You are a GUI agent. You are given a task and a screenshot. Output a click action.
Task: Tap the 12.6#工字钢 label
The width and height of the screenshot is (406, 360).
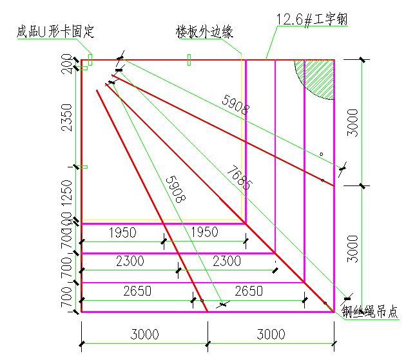click(x=312, y=20)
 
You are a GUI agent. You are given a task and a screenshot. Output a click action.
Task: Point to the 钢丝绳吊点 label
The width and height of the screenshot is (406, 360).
click(x=371, y=312)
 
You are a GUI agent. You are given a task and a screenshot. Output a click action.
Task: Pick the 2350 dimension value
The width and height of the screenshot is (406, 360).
click(x=70, y=116)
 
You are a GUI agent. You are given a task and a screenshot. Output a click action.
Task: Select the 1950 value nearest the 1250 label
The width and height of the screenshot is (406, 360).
click(x=122, y=232)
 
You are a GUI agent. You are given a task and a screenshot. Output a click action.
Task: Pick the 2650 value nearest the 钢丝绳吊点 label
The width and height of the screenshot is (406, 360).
click(x=249, y=291)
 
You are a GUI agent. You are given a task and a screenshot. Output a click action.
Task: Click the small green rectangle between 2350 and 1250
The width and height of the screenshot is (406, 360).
click(x=84, y=167)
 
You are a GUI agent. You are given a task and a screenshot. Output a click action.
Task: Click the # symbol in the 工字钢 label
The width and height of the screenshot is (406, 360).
click(x=309, y=20)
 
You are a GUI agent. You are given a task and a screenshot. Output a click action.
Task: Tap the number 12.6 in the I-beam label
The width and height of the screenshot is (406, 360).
click(x=289, y=20)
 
